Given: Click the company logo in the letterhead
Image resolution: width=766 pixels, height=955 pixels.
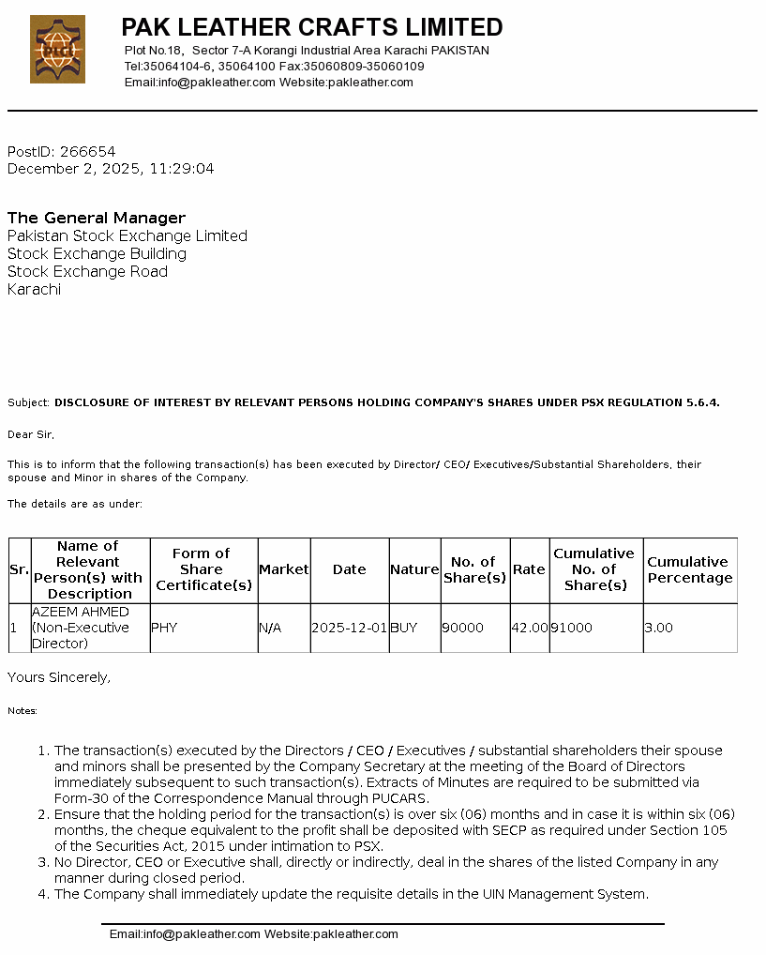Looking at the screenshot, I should click(x=57, y=49).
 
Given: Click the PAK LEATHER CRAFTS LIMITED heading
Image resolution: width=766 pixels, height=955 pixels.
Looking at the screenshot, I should click(x=311, y=27).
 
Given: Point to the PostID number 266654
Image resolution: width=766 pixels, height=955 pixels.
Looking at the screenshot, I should click(x=87, y=151).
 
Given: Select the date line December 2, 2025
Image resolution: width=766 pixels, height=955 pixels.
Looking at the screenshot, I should click(x=111, y=169).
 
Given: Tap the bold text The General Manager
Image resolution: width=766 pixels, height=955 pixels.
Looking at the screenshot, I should click(x=97, y=218).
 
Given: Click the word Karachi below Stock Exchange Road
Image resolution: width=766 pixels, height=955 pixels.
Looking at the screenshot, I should click(x=34, y=290).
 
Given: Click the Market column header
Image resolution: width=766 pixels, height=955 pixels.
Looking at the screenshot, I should click(x=283, y=569).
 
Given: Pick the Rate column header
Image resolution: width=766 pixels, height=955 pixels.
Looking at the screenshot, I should click(x=529, y=569).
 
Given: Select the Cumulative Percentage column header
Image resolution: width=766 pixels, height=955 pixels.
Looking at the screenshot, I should click(x=689, y=569).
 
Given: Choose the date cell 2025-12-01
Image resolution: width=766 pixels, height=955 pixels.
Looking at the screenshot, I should click(x=349, y=628).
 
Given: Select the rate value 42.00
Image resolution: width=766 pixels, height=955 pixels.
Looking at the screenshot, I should click(x=530, y=628).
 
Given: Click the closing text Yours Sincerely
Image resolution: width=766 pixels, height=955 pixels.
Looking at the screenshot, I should click(x=59, y=677).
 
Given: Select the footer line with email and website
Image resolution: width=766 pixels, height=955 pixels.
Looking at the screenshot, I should click(x=254, y=934).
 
